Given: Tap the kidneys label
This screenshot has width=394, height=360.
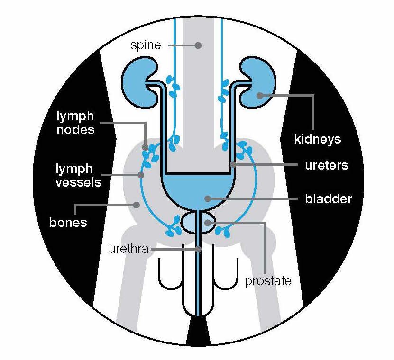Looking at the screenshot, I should coord(317,140).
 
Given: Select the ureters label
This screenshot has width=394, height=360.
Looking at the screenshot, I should coord(326,165).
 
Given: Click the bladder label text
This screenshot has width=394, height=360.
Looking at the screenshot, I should coord(328,198).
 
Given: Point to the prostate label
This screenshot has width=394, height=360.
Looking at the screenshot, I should coord(267,282).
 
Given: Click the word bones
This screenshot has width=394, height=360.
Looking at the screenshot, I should coord(68,222).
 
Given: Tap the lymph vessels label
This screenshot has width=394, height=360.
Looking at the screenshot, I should coord(78,175).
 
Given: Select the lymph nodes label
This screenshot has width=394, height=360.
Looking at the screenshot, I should coord(75,123).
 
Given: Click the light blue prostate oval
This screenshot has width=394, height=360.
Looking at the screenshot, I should coord(198,223).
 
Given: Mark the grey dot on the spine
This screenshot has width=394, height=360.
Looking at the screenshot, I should coord(198,45).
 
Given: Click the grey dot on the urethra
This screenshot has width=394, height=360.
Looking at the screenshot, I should coord(200,249).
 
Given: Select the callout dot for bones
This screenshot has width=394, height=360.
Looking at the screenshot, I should coord(137,205).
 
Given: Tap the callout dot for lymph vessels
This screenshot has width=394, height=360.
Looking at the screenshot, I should coord(141,175).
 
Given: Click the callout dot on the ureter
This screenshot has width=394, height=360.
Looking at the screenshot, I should coord(233,165).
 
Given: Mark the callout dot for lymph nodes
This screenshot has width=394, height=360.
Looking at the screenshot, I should coord(146,147).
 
